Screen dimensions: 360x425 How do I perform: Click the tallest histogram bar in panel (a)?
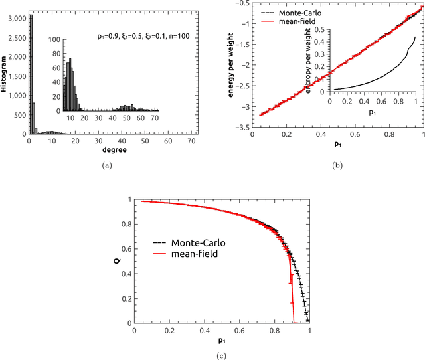[x=30, y=73]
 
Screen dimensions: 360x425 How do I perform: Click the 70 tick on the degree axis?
[x=192, y=141]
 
